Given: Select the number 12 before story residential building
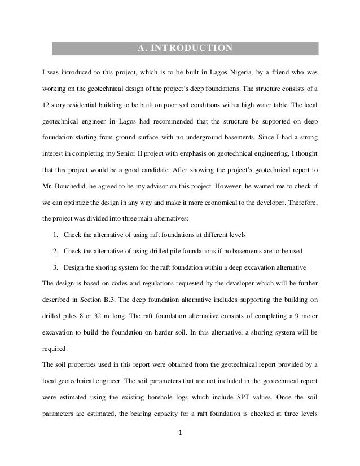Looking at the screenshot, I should tap(47, 105).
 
